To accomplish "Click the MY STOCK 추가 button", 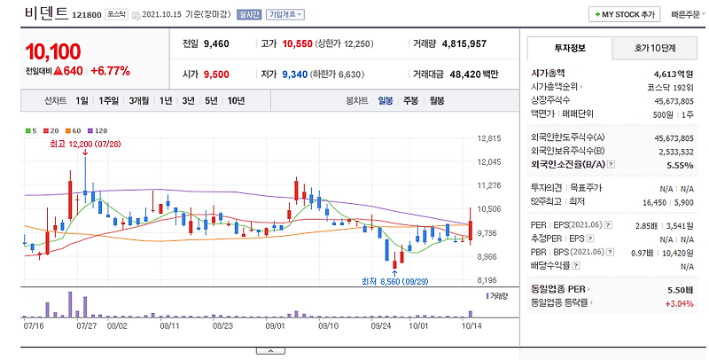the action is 625,14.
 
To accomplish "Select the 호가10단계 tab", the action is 655,49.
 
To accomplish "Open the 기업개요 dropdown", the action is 285,14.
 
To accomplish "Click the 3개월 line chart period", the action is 139,101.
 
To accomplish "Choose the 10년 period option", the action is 236,101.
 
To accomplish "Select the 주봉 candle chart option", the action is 410,101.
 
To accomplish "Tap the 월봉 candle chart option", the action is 437,101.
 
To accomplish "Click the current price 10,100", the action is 53,52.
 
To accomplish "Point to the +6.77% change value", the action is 110,71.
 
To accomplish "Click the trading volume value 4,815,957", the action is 464,43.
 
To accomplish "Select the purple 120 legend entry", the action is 97,131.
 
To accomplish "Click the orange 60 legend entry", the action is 73,131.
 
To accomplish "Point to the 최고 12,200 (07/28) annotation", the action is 85,145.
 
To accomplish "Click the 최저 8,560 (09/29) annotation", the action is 394,282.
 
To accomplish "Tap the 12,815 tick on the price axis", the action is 489,138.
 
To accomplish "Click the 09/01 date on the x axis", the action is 275,325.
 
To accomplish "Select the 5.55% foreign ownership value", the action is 680,166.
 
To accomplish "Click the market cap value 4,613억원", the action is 674,74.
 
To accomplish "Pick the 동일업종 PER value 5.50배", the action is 681,290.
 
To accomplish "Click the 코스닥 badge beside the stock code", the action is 117,14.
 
